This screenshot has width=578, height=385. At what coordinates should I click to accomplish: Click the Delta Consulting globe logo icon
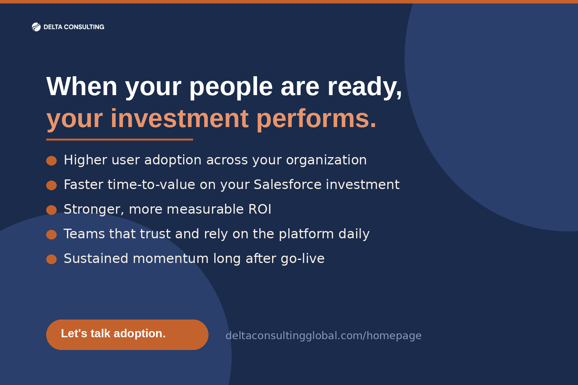(x=36, y=27)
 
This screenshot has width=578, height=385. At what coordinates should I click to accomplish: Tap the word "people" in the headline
(x=231, y=87)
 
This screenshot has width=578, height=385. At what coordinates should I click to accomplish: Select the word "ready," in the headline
(x=365, y=87)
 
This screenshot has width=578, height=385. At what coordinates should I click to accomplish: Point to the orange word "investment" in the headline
(x=180, y=119)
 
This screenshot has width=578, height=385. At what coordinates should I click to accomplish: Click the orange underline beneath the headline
(x=119, y=139)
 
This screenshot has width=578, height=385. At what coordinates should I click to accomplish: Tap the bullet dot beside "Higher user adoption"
(x=51, y=161)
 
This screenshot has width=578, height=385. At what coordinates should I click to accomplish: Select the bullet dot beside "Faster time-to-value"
(x=51, y=185)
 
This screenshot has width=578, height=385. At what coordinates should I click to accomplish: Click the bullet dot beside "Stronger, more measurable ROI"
(x=51, y=210)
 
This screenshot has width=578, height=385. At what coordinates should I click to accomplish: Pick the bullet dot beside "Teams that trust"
(x=51, y=235)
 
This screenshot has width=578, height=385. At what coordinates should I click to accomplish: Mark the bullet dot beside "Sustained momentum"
(x=51, y=259)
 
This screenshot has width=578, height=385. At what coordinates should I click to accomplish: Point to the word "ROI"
(x=260, y=209)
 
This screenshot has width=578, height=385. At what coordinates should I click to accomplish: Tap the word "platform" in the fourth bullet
(x=306, y=234)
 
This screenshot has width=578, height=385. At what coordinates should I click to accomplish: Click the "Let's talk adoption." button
(x=127, y=335)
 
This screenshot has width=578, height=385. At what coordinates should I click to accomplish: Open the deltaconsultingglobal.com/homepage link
(x=324, y=336)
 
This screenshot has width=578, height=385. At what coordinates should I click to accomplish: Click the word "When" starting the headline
(x=82, y=86)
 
